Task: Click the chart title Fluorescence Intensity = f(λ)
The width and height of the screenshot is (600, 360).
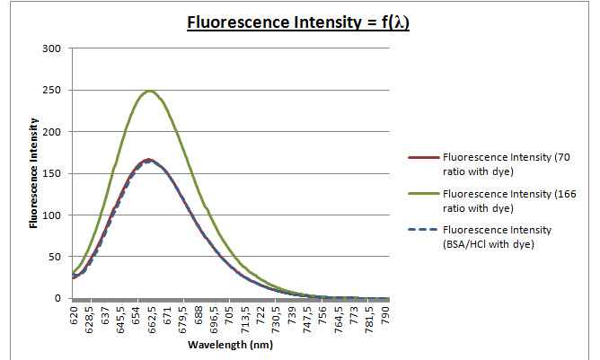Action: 297,22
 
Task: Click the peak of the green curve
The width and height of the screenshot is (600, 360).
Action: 150,91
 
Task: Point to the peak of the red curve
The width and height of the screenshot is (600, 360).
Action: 149,160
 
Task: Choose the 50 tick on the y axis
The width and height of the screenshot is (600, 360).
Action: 55,257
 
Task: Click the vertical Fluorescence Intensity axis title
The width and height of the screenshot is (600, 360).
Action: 33,173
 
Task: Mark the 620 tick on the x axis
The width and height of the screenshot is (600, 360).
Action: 74,314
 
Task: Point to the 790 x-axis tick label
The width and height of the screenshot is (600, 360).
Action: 386,314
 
